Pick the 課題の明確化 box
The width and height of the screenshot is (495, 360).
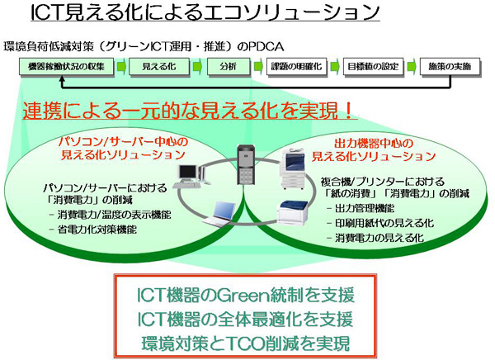tap(300, 66)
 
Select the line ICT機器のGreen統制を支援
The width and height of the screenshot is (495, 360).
tap(247, 296)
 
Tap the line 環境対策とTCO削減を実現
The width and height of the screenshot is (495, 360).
tap(247, 342)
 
